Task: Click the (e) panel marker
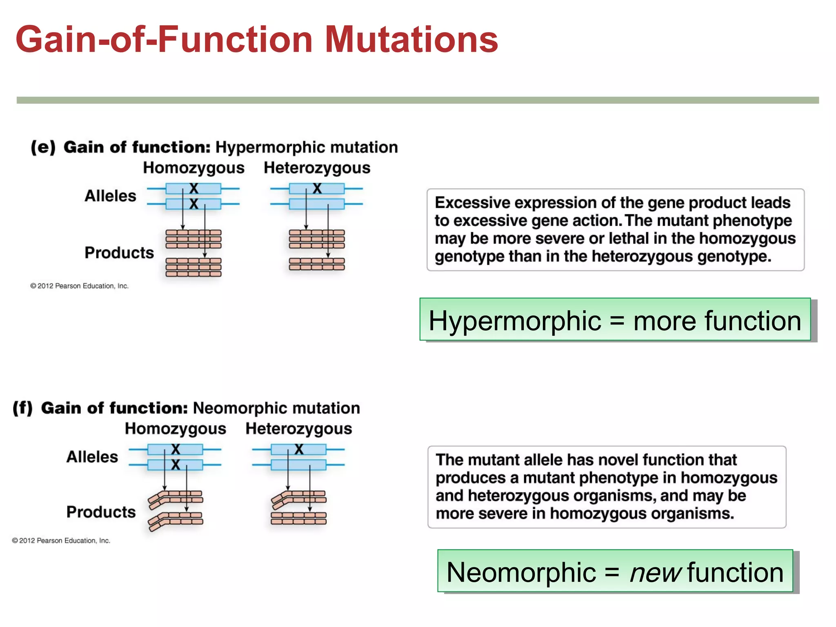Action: click(x=43, y=147)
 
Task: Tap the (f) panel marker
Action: click(x=22, y=408)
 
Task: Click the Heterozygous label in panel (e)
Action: click(x=317, y=168)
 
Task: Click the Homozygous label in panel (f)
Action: click(x=176, y=429)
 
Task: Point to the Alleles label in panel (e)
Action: click(x=110, y=196)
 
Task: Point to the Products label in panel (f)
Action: click(x=101, y=512)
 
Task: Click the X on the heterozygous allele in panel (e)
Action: click(x=317, y=189)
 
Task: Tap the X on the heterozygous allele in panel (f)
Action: click(x=299, y=449)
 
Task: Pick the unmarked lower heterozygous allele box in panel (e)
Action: click(x=316, y=204)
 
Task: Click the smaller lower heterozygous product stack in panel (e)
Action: click(x=316, y=264)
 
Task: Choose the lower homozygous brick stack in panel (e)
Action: click(x=193, y=267)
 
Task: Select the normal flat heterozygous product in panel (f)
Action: click(x=298, y=518)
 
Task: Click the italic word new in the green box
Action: click(x=655, y=572)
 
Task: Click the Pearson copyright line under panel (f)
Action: click(x=61, y=540)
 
